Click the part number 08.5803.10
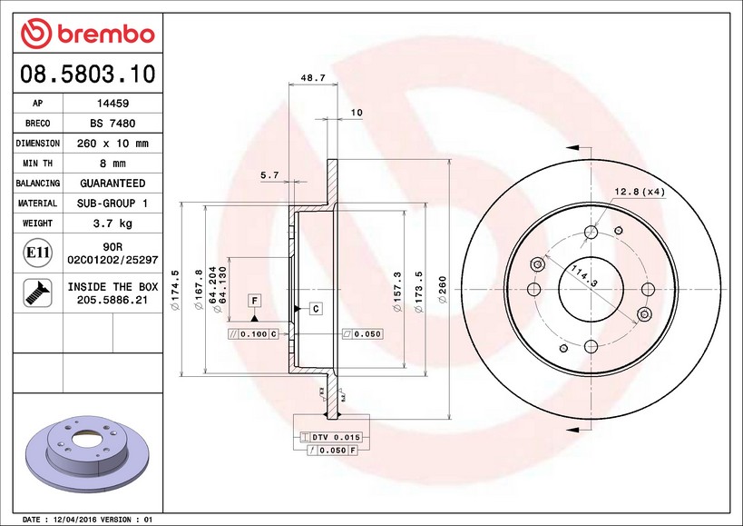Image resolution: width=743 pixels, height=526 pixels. coord(88,74)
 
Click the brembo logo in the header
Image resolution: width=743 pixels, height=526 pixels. coord(88,34)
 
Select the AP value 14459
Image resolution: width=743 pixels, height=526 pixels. coord(112,104)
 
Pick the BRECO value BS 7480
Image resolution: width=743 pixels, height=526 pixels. coord(112,124)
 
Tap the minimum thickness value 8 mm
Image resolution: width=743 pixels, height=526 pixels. coord(112,164)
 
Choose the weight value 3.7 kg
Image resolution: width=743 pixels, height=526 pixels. coord(112,223)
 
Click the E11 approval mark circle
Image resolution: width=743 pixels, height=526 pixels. coord(38,253)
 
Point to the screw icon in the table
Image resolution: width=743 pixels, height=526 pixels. coord(38,293)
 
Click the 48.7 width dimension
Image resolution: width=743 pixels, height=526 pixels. coord(313,77)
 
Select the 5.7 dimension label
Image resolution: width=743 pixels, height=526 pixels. coord(269,175)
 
